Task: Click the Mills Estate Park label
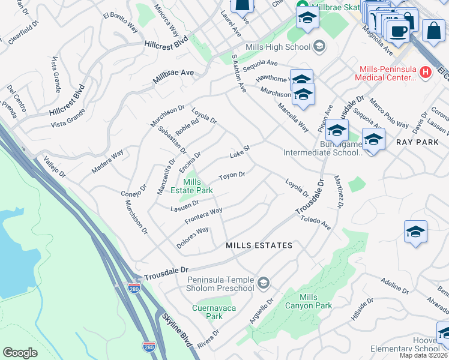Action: point(198,186)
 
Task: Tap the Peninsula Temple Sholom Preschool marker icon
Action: point(263,282)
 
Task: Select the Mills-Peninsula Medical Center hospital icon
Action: point(426,73)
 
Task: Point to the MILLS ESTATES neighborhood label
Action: point(259,245)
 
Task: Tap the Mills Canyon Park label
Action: point(316,301)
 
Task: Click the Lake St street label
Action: point(239,155)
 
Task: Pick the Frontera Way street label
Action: point(203,214)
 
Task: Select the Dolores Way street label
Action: point(193,238)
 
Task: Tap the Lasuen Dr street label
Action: point(184,206)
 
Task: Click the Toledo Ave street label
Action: point(316,223)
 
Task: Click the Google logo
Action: point(20,353)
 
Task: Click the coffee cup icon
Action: point(397,29)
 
